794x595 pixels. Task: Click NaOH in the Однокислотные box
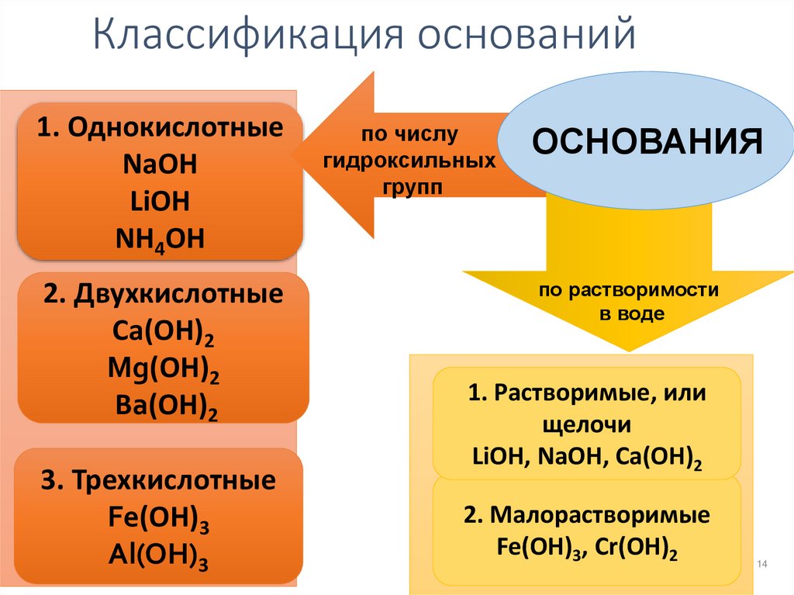tap(161, 165)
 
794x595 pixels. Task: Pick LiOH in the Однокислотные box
tap(161, 202)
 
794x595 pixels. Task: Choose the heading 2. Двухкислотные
tap(163, 295)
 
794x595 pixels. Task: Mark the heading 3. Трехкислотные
tap(159, 480)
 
